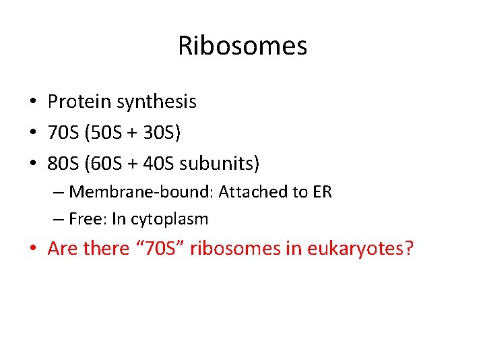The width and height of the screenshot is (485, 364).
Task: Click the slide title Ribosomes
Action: (243, 46)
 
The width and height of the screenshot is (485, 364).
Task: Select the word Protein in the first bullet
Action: (79, 102)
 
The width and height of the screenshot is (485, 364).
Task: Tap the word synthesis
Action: (156, 102)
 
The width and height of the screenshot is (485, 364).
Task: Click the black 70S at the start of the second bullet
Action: (63, 133)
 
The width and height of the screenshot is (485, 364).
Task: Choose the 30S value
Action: (158, 133)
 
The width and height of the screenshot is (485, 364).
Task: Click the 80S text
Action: (63, 163)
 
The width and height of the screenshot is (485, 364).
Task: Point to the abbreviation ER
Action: (322, 192)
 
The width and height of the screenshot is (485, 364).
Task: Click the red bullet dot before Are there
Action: (33, 249)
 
